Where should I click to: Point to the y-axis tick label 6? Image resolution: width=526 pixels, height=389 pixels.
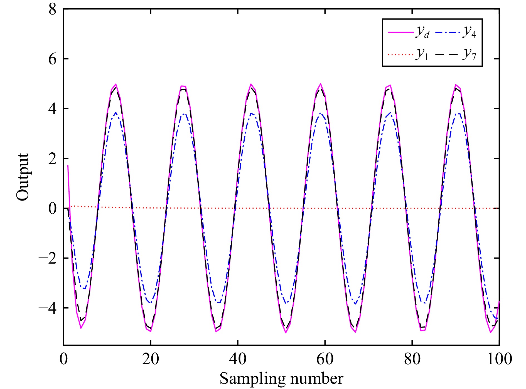(52, 59)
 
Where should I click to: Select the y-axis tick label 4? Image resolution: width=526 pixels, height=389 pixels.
(52, 109)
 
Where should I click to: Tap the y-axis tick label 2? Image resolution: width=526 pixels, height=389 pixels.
(52, 159)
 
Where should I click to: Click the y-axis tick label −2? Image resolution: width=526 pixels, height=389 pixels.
(48, 258)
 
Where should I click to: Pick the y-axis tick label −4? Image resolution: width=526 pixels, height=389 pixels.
(48, 308)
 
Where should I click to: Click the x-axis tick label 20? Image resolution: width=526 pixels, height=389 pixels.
(151, 359)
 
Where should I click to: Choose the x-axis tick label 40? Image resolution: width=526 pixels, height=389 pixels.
(238, 359)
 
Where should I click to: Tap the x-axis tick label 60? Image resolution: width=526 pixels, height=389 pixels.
(325, 359)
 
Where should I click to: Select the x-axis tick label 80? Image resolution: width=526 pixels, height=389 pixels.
(412, 359)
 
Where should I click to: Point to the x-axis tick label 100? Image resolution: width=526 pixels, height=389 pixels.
(500, 359)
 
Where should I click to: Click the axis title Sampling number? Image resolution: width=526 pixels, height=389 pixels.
(281, 378)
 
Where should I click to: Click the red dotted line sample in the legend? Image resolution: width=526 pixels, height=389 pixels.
(400, 55)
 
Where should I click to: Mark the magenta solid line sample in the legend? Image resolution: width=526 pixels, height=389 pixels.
(400, 33)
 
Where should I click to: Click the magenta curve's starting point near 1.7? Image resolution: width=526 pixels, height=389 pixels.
(68, 166)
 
